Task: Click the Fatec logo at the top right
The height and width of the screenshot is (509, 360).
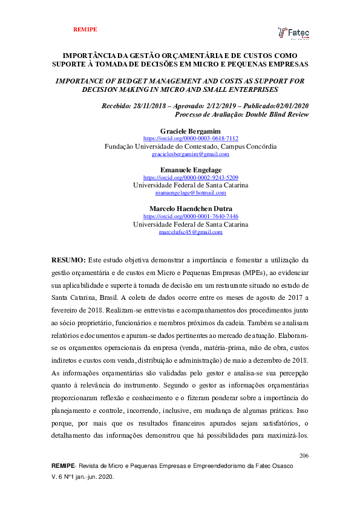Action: tap(293, 33)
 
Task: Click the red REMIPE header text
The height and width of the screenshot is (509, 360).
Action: tap(85, 29)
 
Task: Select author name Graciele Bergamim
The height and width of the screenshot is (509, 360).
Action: tap(191, 131)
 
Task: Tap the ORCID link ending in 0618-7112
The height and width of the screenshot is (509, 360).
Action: tap(191, 138)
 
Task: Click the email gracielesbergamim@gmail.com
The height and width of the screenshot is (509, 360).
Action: tap(191, 155)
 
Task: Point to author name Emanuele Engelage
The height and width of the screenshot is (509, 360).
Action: tap(191, 170)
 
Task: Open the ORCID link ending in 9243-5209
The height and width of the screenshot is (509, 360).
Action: tap(191, 178)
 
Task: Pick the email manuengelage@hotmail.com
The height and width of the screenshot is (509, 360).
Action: tap(191, 193)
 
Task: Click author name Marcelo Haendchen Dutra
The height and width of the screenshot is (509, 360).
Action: tap(191, 209)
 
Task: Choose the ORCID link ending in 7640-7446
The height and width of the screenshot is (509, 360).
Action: tap(191, 216)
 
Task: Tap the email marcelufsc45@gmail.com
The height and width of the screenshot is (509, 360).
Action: tap(191, 232)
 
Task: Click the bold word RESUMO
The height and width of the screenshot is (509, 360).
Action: tap(68, 259)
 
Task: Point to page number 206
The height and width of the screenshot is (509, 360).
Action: tap(304, 455)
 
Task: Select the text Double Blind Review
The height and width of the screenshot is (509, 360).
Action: tap(278, 114)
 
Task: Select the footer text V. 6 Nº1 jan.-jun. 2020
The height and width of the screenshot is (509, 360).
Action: tap(83, 477)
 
